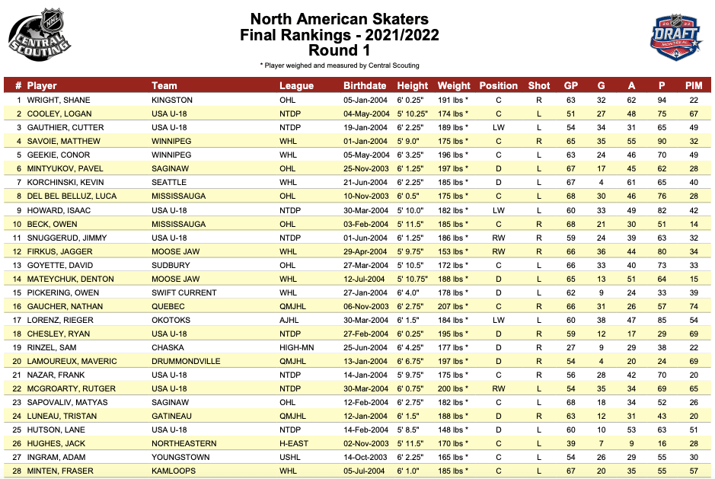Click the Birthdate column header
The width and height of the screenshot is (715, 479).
pos(364,85)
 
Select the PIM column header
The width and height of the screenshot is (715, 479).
pos(693,85)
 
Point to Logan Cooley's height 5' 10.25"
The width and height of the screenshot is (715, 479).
pos(413,113)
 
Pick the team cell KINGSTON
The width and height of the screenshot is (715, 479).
pos(172,100)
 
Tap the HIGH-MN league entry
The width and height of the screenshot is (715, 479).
pos(295,347)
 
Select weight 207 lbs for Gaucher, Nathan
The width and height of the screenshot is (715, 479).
pos(453,306)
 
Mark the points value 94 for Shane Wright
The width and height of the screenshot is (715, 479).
pos(662,100)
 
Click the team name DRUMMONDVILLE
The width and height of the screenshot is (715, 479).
pos(186,361)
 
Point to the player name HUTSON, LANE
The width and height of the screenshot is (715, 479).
pos(57,430)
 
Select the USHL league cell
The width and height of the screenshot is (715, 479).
pos(289,457)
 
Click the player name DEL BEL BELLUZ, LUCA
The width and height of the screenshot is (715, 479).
pos(72,196)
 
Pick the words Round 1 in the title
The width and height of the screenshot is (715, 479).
pos(339,51)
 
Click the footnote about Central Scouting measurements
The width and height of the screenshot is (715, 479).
pos(339,65)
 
